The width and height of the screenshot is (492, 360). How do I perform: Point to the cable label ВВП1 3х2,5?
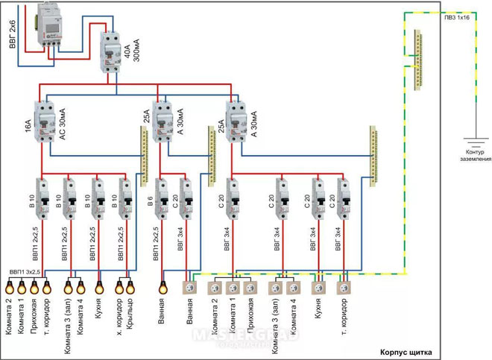pyautogui.click(x=25, y=273)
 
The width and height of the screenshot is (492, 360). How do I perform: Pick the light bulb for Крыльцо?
pyautogui.click(x=131, y=285)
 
